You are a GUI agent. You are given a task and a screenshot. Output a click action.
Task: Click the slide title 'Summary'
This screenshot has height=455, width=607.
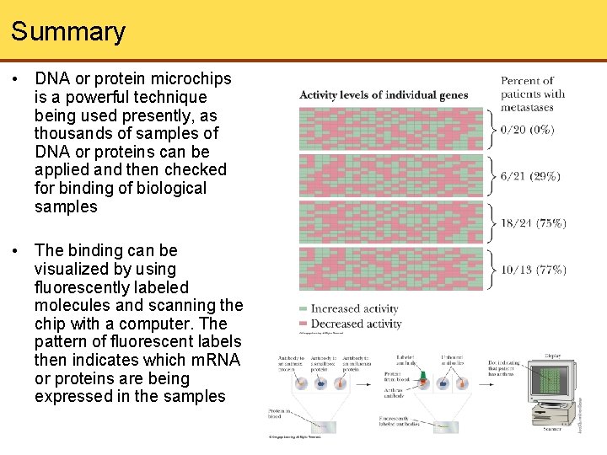[68, 32]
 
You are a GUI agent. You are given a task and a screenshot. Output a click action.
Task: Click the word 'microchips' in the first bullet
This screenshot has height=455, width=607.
[191, 79]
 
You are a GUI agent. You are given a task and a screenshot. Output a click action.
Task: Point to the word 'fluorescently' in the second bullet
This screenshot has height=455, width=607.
[82, 287]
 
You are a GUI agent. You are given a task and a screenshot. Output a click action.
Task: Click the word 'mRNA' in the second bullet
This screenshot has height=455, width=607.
[218, 360]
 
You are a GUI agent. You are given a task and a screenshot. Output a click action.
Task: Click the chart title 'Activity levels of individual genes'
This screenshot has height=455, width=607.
[384, 94]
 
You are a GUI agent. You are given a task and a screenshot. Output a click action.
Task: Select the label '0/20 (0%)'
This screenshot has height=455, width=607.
[527, 130]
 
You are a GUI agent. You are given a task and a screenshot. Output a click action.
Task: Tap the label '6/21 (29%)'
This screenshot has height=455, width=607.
[530, 176]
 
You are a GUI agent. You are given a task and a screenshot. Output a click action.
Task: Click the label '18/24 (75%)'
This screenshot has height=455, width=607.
[533, 223]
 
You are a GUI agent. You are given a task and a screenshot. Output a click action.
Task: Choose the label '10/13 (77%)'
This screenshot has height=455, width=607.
[533, 270]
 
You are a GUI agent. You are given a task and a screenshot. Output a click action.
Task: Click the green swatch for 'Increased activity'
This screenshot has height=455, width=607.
[303, 308]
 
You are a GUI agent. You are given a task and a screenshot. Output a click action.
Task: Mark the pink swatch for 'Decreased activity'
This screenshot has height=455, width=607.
[303, 324]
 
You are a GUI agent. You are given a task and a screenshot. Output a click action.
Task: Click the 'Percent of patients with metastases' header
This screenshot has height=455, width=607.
[533, 94]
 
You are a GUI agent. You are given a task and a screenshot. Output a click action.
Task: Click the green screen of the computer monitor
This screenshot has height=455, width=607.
[549, 382]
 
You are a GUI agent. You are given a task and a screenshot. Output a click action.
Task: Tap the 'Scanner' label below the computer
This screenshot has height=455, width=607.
[552, 428]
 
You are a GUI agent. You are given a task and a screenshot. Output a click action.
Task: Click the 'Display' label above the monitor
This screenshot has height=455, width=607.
[552, 356]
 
